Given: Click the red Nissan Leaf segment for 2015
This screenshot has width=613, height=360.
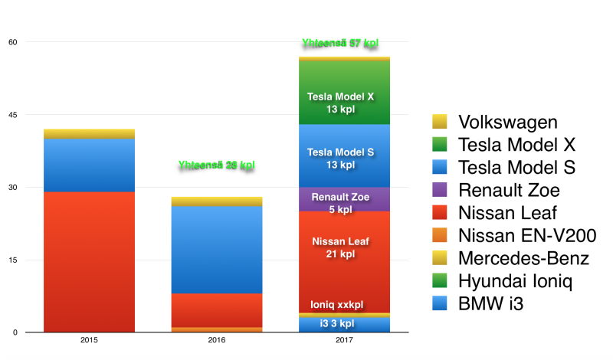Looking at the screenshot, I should (x=89, y=261).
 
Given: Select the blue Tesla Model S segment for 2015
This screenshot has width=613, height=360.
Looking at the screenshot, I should (x=89, y=165).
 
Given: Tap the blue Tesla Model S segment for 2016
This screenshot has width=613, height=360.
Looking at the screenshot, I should (x=216, y=249).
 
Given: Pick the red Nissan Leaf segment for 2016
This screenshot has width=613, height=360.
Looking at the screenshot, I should (x=216, y=309).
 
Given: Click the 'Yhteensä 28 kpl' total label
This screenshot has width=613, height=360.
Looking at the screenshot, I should (x=216, y=165).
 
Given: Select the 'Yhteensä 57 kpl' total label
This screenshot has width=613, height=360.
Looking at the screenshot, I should (x=341, y=44).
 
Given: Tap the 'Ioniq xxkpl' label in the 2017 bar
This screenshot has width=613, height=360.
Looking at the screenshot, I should (x=341, y=303).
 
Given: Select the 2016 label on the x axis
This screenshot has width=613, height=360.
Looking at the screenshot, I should (x=216, y=340).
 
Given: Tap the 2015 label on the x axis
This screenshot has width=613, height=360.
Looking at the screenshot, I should (x=89, y=340).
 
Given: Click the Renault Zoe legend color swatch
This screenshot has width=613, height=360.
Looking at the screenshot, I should (x=439, y=191).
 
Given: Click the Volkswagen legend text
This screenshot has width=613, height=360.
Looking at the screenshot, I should (x=508, y=122).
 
